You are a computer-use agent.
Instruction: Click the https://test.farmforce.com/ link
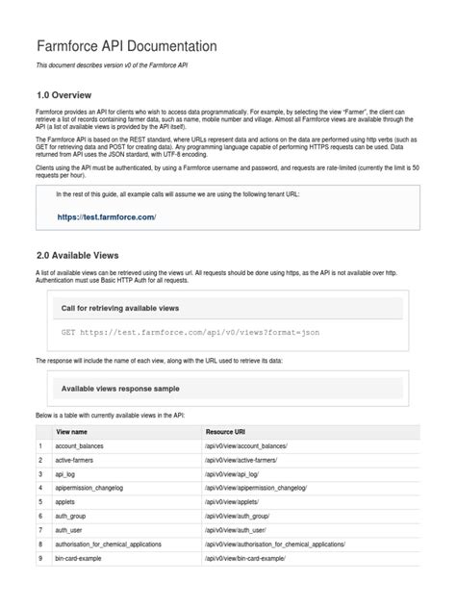(106, 217)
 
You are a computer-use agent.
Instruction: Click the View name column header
(77, 433)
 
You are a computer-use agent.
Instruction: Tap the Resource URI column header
(231, 433)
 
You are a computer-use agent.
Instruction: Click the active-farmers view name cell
(84, 461)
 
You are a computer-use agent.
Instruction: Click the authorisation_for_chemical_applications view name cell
(120, 544)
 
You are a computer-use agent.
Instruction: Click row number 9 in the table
(40, 558)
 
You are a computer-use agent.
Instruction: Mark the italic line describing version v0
(123, 65)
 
